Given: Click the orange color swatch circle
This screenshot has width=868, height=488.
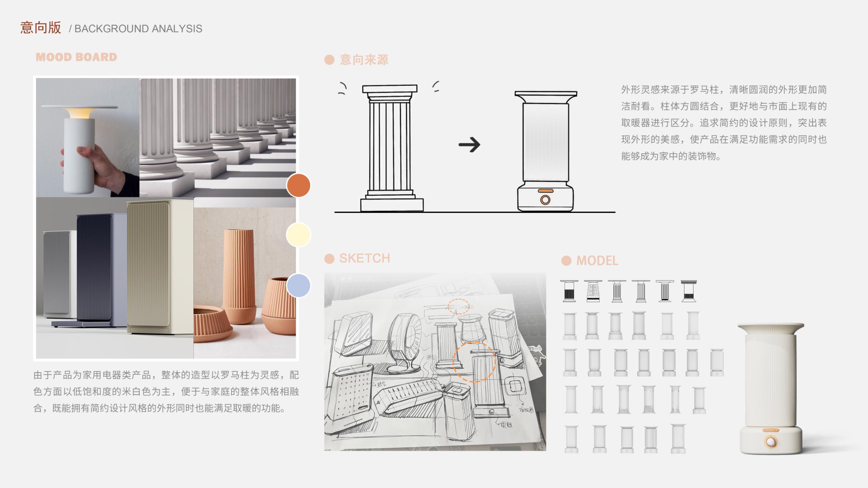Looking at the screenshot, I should coord(298,185).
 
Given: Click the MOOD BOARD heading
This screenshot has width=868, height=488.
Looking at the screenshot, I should coord(77,57).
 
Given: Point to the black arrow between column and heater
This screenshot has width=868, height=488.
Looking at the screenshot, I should coord(469,145).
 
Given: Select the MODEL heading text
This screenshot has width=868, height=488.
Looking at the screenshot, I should coord(597,261).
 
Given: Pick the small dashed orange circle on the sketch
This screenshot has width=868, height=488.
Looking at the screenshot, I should coord(458,306).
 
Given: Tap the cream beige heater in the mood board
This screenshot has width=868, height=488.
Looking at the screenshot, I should coord(158,266).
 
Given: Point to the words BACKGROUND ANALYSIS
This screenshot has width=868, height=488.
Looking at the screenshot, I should coord(138,29).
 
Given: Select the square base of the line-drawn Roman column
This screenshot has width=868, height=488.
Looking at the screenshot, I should coord(392,205).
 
